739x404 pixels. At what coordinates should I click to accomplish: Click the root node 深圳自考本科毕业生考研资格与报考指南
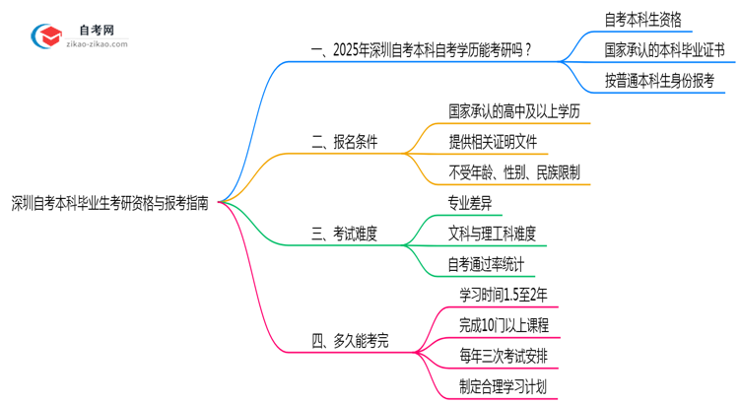(110, 202)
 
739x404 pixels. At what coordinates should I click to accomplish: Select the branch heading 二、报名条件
(345, 143)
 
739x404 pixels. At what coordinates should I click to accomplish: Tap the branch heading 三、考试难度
(345, 235)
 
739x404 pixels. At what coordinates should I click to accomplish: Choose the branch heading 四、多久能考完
(351, 341)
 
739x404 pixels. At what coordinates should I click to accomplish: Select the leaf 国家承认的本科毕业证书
(664, 49)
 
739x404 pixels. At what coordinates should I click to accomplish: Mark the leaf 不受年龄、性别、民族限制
(513, 173)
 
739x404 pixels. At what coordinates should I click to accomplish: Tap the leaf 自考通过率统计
(486, 264)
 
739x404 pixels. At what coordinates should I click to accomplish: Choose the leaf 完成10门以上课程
(504, 324)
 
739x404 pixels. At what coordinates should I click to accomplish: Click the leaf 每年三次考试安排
(504, 356)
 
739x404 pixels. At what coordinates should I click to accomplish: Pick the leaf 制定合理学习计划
(504, 386)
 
